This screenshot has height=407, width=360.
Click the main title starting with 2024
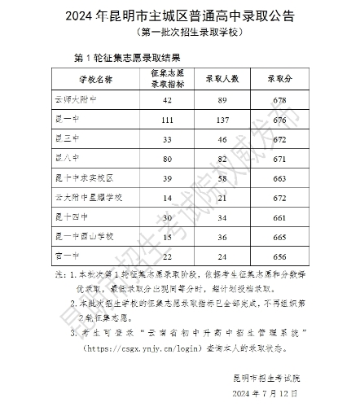(x=179, y=16)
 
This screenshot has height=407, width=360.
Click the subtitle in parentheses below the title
(x=179, y=33)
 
